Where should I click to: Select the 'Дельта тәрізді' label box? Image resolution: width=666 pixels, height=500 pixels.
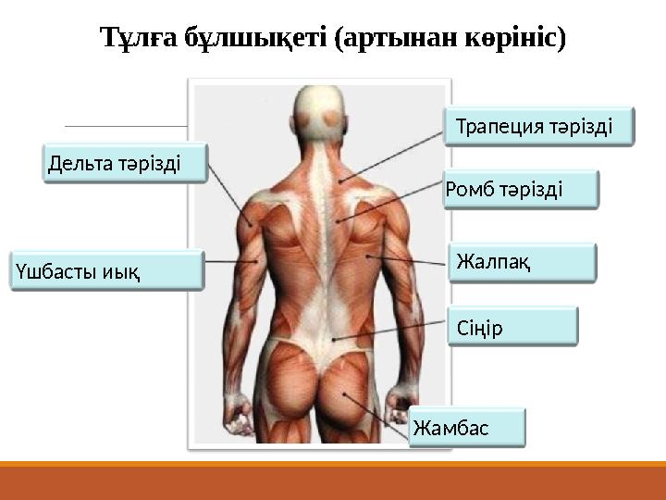coord(125,163)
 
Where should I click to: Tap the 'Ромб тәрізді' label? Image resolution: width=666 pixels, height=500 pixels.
coord(521,190)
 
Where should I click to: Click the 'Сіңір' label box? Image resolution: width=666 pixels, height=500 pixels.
coord(512,327)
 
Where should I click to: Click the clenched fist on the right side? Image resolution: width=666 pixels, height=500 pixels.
coord(403,400)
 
